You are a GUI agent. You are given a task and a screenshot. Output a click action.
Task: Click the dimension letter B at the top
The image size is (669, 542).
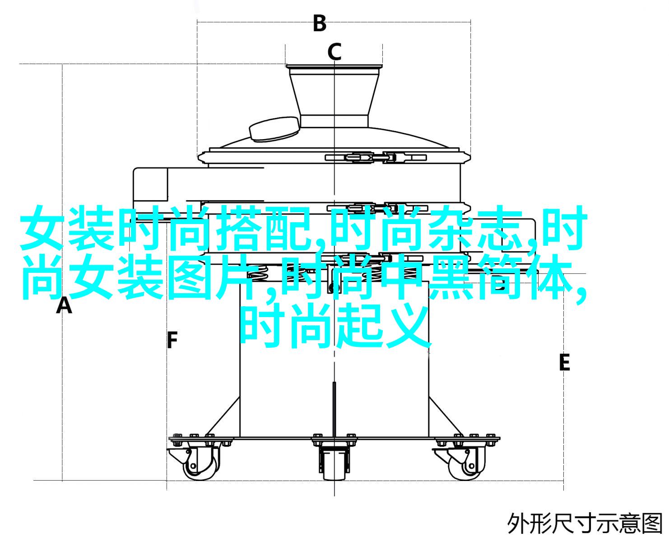tap(320, 23)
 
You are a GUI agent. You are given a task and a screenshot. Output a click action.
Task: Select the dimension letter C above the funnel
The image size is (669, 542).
tap(334, 52)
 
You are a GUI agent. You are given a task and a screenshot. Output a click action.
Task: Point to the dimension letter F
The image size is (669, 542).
tap(172, 340)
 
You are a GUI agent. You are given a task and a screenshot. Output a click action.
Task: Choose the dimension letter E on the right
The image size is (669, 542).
tap(564, 363)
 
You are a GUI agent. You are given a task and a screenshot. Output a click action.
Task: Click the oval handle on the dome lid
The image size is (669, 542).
tap(274, 128)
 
